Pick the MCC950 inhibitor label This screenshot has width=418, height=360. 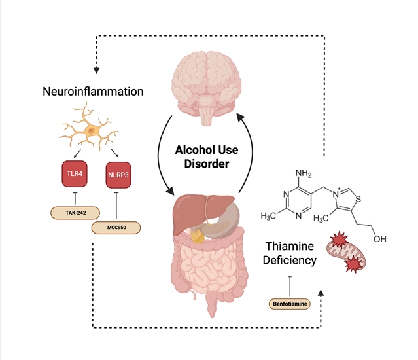coord(115,230)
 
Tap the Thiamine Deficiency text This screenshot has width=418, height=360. coord(291,253)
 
